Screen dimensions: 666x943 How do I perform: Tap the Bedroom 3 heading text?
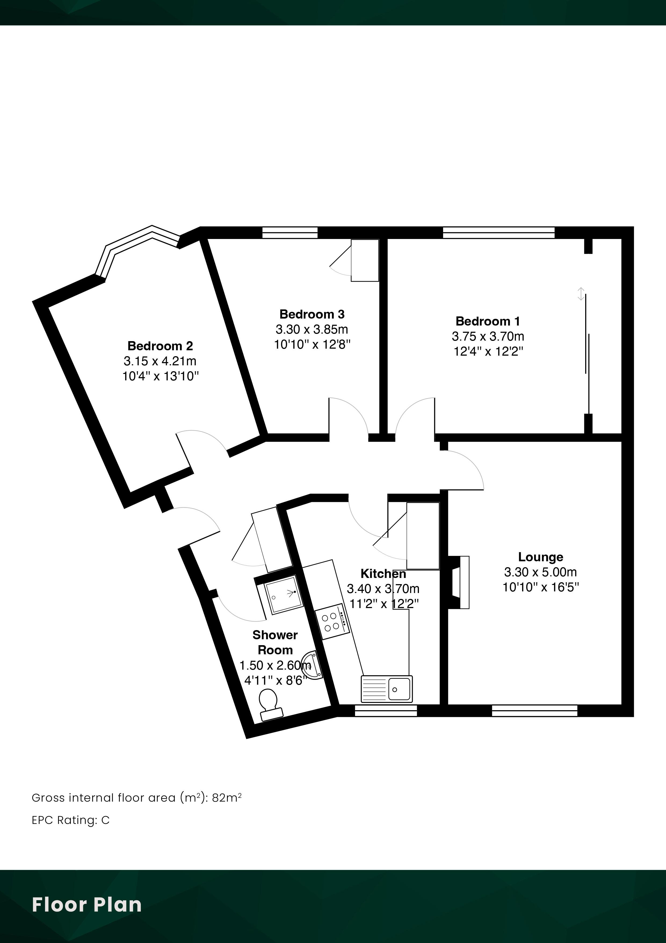pos(312,314)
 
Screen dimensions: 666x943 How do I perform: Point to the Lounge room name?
pos(540,557)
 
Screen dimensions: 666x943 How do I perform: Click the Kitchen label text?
pos(383,573)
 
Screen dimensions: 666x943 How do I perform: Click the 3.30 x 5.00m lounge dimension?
pos(540,572)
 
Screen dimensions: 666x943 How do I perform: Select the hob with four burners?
pos(332,621)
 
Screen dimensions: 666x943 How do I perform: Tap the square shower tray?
pos(284,595)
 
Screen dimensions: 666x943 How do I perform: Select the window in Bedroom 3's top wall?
pos(290,233)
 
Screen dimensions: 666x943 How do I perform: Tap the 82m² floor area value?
pos(226,798)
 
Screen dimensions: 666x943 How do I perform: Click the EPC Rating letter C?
pos(106,820)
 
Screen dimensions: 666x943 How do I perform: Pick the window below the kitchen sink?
pos(386,710)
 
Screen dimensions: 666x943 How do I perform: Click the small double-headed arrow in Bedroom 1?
pos(581,294)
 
